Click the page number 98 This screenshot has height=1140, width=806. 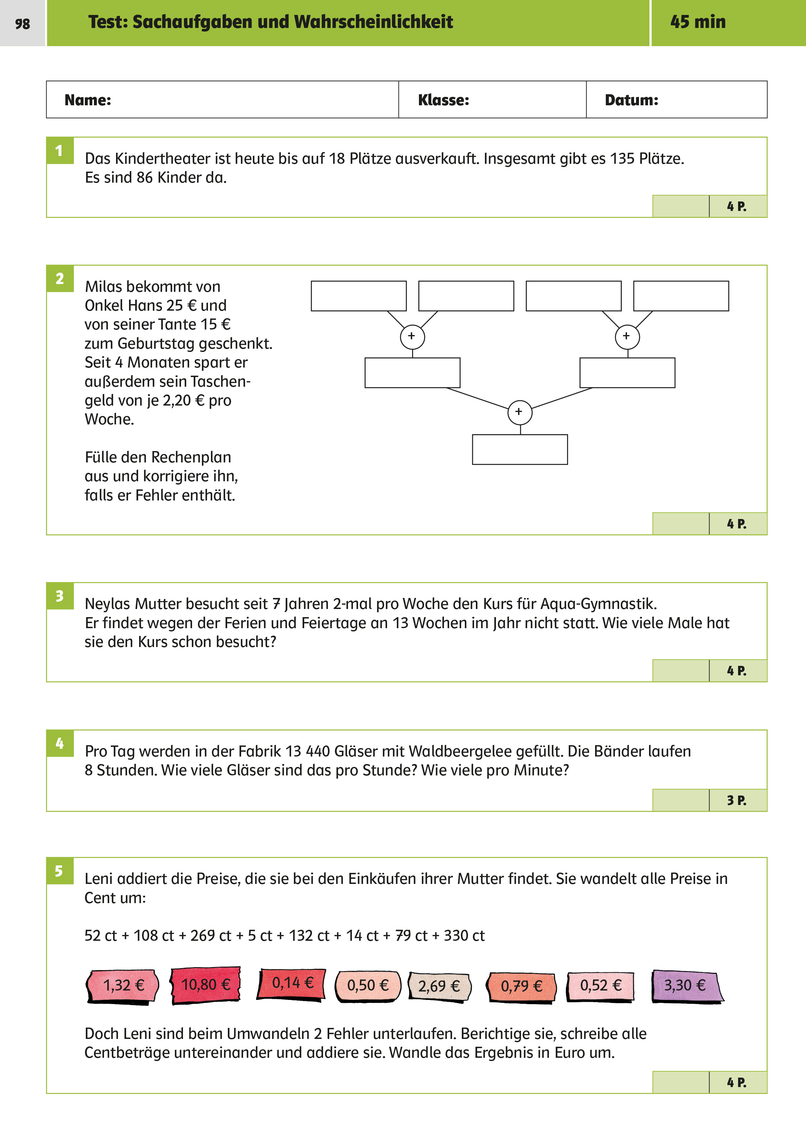[x=22, y=24]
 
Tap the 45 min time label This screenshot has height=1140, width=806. [x=698, y=22]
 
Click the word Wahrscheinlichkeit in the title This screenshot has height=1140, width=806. [x=373, y=22]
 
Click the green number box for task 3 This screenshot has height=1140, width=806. [x=60, y=596]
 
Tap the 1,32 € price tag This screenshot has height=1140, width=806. [x=123, y=986]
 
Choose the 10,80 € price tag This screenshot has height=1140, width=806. [x=205, y=985]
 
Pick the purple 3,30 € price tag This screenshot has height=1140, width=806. [x=687, y=986]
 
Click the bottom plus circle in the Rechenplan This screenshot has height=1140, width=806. [x=519, y=412]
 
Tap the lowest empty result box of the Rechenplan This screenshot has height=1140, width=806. [x=519, y=449]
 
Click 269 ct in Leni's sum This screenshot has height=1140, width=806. [x=211, y=936]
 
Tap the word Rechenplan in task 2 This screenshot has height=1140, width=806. [x=191, y=457]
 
